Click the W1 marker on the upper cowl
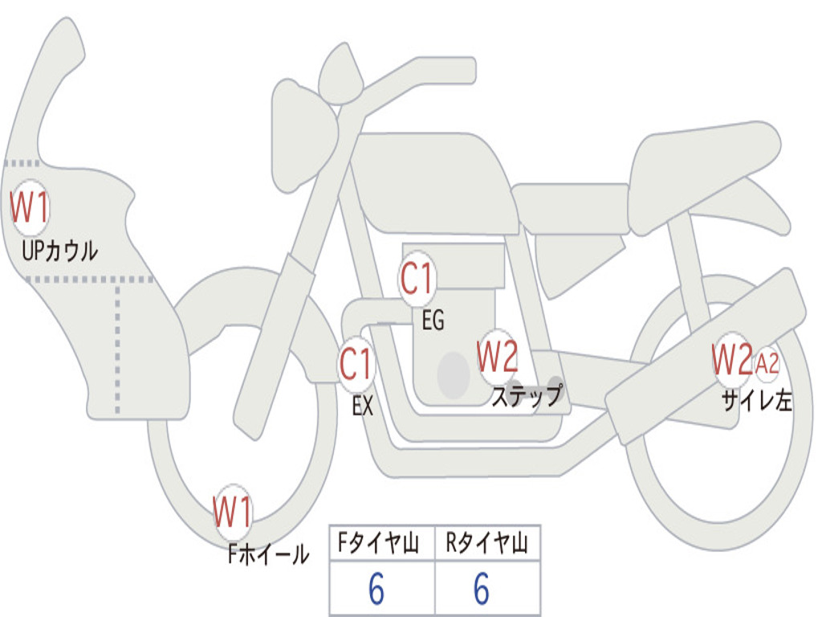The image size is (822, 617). (30, 208)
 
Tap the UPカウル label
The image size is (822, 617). (59, 251)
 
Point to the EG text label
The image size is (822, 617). (433, 321)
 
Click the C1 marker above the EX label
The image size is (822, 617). (356, 365)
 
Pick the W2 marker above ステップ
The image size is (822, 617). (497, 358)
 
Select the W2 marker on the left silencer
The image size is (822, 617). (731, 361)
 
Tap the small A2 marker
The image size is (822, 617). (767, 364)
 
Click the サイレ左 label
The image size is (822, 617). (757, 399)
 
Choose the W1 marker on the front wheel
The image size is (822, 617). (233, 513)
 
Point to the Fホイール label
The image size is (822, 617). (268, 554)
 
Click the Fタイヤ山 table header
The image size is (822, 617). (381, 544)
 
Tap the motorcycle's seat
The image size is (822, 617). (702, 165)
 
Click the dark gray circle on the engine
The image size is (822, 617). (453, 374)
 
